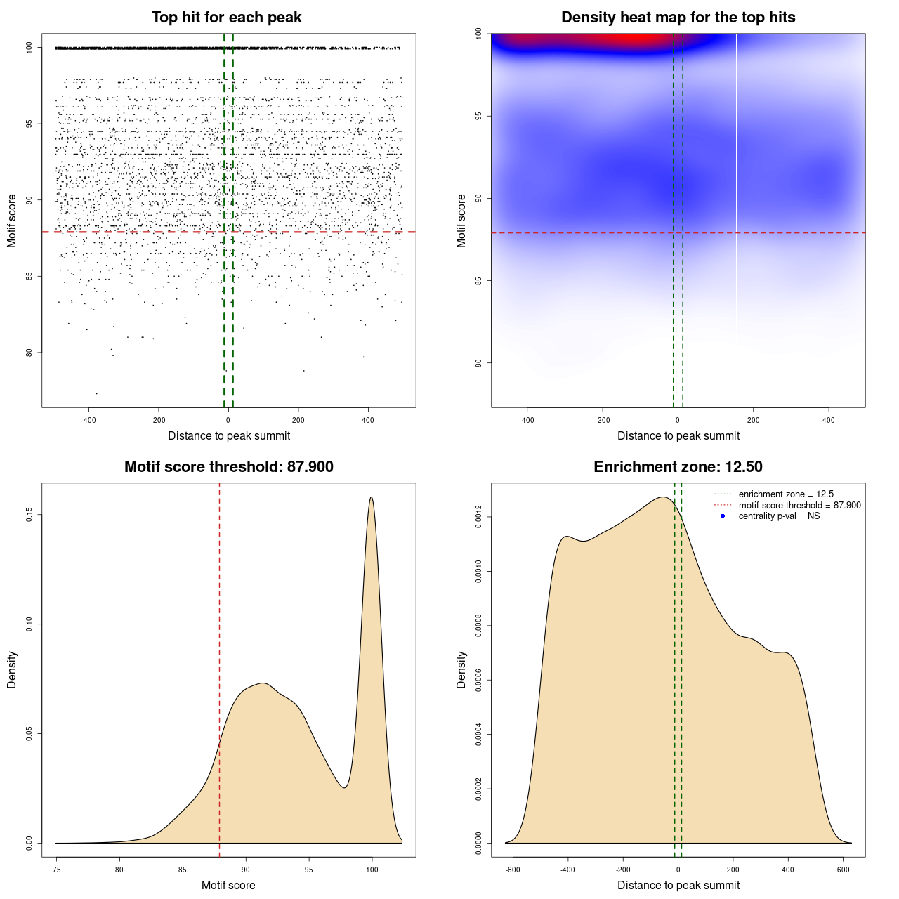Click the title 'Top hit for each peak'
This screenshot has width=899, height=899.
coord(227,18)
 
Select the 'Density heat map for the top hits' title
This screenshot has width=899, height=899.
coord(678,18)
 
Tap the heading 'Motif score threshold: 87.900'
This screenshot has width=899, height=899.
coord(228,467)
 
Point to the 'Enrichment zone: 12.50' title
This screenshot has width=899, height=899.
coord(678,467)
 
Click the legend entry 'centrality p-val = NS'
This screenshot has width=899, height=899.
coord(779,516)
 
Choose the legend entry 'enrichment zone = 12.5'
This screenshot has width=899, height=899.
coord(786,494)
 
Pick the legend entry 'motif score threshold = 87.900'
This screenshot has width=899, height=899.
coord(799,506)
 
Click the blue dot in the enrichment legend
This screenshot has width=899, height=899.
coord(723,516)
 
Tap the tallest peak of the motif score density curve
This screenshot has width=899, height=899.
coord(371,497)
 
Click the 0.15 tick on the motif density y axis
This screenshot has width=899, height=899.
coord(29,516)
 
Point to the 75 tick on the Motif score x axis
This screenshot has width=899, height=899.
coord(56,870)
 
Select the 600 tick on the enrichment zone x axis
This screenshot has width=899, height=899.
coord(844,870)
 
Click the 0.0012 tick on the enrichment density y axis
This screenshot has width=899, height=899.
coord(478,517)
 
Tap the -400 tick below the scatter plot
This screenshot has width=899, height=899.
coord(88,421)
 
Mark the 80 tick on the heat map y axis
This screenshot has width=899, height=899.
coord(478,363)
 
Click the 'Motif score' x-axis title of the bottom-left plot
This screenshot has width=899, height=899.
coord(228,885)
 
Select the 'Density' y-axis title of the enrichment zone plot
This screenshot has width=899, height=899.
coord(461,669)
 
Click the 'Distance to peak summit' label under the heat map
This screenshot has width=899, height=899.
coord(678,435)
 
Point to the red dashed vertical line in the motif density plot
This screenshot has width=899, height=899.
coord(220,667)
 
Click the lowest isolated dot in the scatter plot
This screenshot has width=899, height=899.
coord(96,393)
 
